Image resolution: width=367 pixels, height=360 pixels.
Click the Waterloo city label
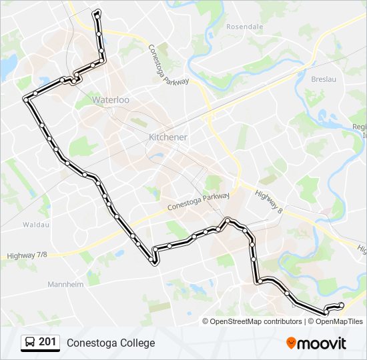[111, 100]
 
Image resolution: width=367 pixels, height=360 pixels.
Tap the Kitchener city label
[167, 137]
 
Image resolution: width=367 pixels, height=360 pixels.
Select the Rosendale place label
[245, 27]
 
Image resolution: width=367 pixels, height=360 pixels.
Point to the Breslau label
[323, 79]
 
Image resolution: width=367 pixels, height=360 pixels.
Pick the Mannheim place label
[65, 284]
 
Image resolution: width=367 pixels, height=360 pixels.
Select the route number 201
[47, 342]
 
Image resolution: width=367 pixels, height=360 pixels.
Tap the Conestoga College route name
[111, 343]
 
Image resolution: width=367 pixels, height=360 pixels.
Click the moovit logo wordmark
[322, 343]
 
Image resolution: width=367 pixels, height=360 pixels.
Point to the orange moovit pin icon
[291, 343]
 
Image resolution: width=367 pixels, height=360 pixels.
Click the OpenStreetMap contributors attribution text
[252, 321]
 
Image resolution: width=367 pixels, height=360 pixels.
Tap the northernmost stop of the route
[98, 12]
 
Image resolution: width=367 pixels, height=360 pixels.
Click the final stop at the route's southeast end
[342, 305]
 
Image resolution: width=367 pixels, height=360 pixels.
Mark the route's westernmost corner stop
[25, 99]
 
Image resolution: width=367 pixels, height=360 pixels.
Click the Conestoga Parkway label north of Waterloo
[168, 65]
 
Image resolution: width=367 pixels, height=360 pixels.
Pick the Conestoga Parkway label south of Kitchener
[200, 201]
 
